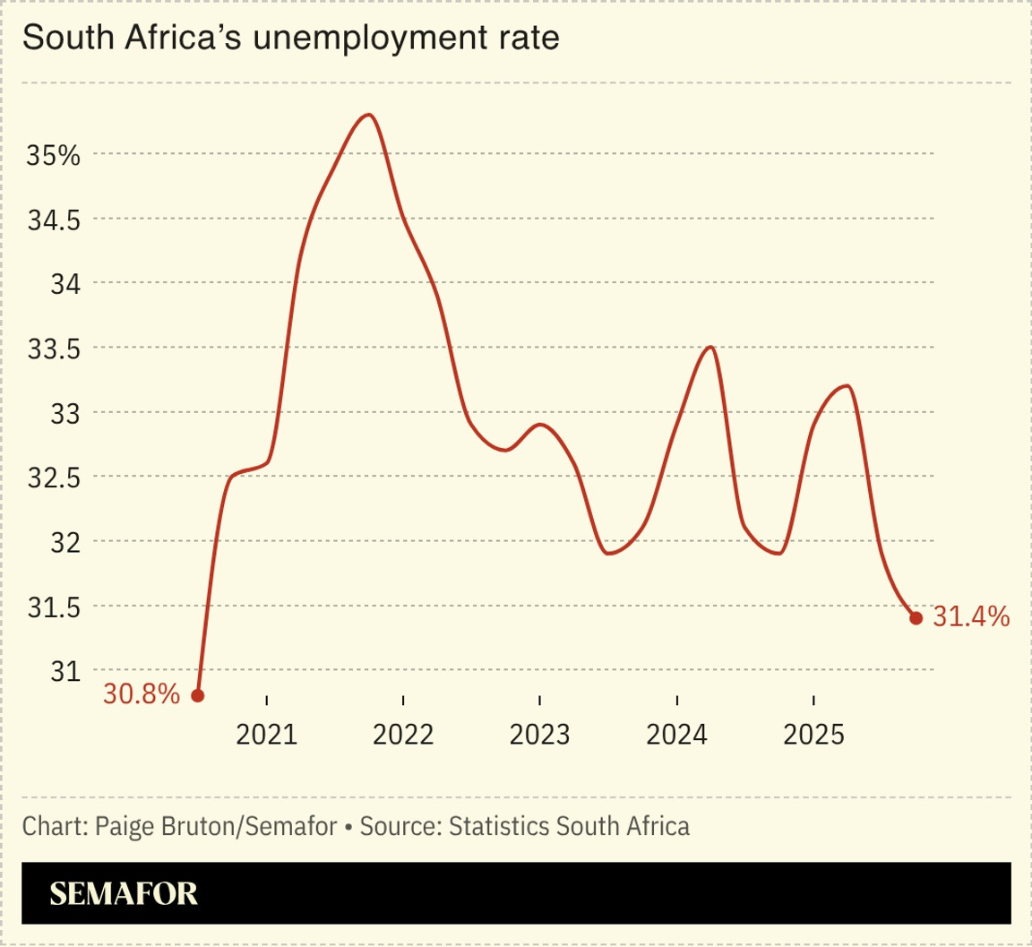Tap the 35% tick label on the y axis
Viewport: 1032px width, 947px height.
click(53, 155)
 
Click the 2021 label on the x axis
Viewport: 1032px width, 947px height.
click(267, 736)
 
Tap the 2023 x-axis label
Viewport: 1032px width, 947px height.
click(540, 736)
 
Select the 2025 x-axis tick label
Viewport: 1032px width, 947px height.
click(813, 736)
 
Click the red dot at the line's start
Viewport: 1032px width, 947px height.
click(198, 695)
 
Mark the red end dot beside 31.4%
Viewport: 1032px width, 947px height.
click(916, 617)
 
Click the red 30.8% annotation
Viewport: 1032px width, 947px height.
click(142, 694)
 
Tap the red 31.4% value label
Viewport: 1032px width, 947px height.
click(972, 616)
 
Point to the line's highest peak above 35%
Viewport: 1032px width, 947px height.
click(368, 115)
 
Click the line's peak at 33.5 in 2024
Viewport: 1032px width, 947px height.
click(710, 347)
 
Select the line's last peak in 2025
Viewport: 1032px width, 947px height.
click(847, 386)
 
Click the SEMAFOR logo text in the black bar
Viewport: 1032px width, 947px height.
click(124, 893)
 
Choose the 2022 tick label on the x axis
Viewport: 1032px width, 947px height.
click(403, 736)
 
